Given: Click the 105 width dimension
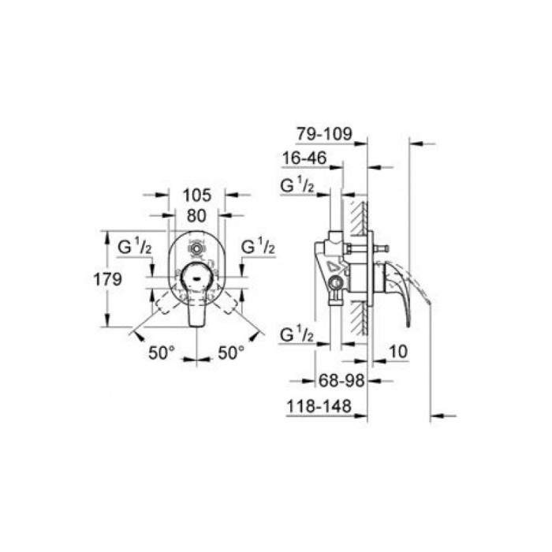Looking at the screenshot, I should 196,195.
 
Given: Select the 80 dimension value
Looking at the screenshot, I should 196,214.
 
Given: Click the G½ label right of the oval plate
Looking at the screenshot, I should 259,247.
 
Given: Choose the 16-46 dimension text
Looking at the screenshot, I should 304,159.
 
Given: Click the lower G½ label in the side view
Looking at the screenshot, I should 299,335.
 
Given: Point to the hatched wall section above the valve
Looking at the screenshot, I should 361,215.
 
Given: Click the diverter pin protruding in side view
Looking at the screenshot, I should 386,251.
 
